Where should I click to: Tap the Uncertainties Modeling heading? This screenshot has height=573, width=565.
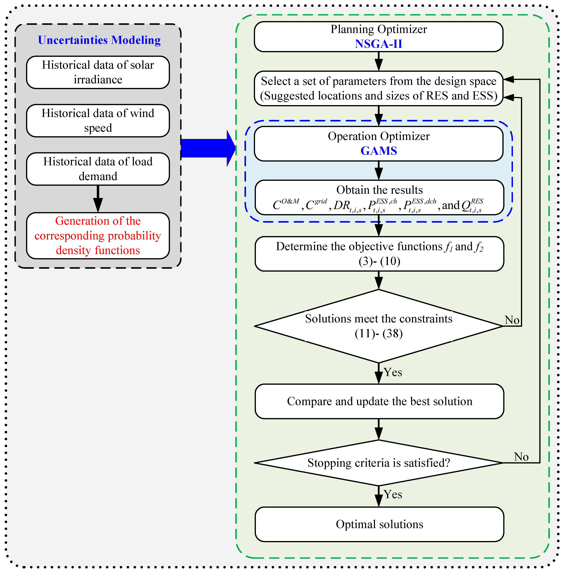click(x=99, y=40)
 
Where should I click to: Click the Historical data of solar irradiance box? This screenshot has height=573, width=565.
click(x=98, y=72)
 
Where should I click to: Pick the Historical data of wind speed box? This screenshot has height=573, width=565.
click(x=98, y=121)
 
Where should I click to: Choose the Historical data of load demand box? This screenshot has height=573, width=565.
click(x=98, y=169)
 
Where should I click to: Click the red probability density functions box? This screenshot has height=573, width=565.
click(x=98, y=236)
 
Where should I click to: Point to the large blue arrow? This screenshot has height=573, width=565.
click(x=208, y=148)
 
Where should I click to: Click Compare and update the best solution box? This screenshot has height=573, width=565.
click(x=379, y=401)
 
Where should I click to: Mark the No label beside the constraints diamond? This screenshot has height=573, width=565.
click(x=512, y=320)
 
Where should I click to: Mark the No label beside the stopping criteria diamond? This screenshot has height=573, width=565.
click(x=521, y=457)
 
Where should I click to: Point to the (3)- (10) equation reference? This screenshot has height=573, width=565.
click(x=379, y=261)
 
